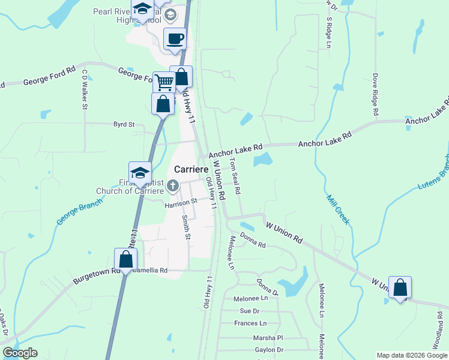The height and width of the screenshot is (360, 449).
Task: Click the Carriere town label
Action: tap(191, 169)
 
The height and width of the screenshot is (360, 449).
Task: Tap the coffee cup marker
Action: tap(175, 40)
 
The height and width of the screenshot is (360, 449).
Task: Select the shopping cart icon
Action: tap(163, 82)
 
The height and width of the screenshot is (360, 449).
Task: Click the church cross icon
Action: tap(173, 186)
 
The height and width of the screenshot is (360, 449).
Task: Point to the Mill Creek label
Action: tap(337, 209)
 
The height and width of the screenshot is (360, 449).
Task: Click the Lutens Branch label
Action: tap(433, 173)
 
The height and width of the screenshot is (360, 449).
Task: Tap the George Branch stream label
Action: tap(77, 214)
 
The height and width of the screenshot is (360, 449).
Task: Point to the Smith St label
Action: tap(187, 228)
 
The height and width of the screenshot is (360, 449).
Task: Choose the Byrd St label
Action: tap(124, 125)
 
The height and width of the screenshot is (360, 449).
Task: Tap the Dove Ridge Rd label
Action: tap(375, 94)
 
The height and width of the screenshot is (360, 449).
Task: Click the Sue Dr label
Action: tap(249, 311)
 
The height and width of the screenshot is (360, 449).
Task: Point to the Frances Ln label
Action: tap(246, 323)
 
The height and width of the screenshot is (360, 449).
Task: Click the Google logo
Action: tap(20, 353)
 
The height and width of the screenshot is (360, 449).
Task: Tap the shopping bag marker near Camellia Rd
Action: tap(126, 260)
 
